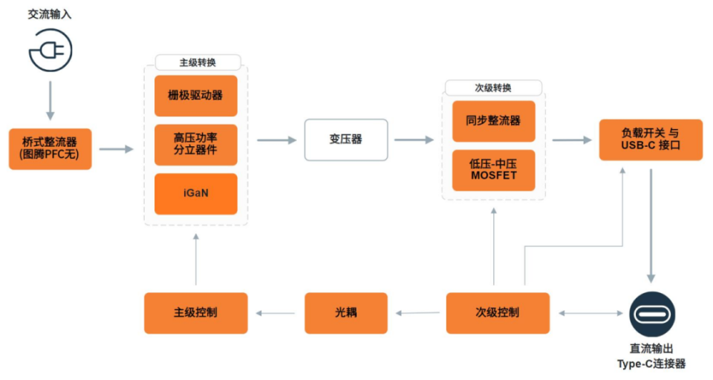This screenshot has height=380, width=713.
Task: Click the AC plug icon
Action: pyautogui.click(x=50, y=50)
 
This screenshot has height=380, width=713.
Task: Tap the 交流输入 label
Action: pyautogui.click(x=50, y=14)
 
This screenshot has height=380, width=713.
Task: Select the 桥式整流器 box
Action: pyautogui.click(x=51, y=148)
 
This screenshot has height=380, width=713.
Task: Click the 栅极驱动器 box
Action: pyautogui.click(x=196, y=96)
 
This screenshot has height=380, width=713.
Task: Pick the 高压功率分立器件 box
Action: pyautogui.click(x=196, y=145)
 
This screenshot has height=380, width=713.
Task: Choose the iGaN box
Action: pyautogui.click(x=196, y=194)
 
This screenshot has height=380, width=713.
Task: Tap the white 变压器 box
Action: pyautogui.click(x=346, y=140)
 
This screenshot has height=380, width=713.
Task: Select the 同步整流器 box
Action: pyautogui.click(x=493, y=121)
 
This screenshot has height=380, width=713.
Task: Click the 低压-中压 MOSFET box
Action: pyautogui.click(x=493, y=170)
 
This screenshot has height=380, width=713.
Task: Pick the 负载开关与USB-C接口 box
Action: pyautogui.click(x=651, y=140)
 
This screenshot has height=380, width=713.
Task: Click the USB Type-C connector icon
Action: pyautogui.click(x=652, y=315)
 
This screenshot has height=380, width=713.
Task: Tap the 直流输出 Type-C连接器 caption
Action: pyautogui.click(x=652, y=356)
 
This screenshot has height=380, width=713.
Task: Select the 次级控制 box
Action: pyautogui.click(x=498, y=312)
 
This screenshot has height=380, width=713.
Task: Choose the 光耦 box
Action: pyautogui.click(x=346, y=312)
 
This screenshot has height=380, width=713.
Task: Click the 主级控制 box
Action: pyautogui.click(x=196, y=312)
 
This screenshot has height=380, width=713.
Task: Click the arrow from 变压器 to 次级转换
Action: pyautogui.click(x=414, y=140)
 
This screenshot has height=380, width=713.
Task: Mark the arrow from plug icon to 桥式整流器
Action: pyautogui.click(x=50, y=99)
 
